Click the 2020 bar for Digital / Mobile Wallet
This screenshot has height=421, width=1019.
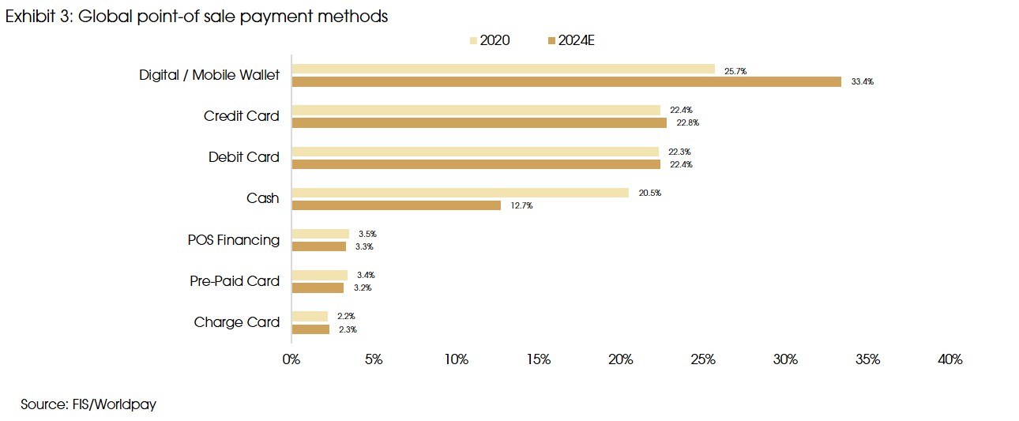(x=503, y=69)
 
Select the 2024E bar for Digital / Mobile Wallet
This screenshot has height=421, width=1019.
(x=566, y=81)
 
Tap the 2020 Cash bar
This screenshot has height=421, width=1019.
(x=461, y=193)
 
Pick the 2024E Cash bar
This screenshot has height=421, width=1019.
(x=396, y=205)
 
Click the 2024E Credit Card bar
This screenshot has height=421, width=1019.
(x=479, y=122)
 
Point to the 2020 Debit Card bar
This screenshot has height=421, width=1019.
(x=475, y=152)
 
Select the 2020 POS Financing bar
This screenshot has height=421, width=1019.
(x=320, y=234)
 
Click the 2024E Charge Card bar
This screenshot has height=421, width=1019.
(x=310, y=329)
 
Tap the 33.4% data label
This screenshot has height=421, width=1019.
(x=863, y=82)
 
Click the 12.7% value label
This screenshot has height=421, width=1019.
(x=522, y=206)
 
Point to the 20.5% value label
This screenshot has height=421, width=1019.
(x=650, y=194)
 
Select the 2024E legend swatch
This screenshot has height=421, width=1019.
(x=551, y=40)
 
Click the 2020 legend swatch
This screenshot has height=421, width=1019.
(x=473, y=40)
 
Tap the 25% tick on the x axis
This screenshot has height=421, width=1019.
(x=704, y=359)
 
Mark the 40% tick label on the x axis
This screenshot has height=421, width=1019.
(x=950, y=359)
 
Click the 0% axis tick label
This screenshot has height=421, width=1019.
(x=291, y=359)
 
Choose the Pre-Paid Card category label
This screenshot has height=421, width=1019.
(x=235, y=281)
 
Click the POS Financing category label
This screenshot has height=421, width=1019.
(x=233, y=240)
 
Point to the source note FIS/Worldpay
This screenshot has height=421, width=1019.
(x=88, y=404)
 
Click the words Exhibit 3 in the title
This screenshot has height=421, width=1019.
(x=37, y=17)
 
